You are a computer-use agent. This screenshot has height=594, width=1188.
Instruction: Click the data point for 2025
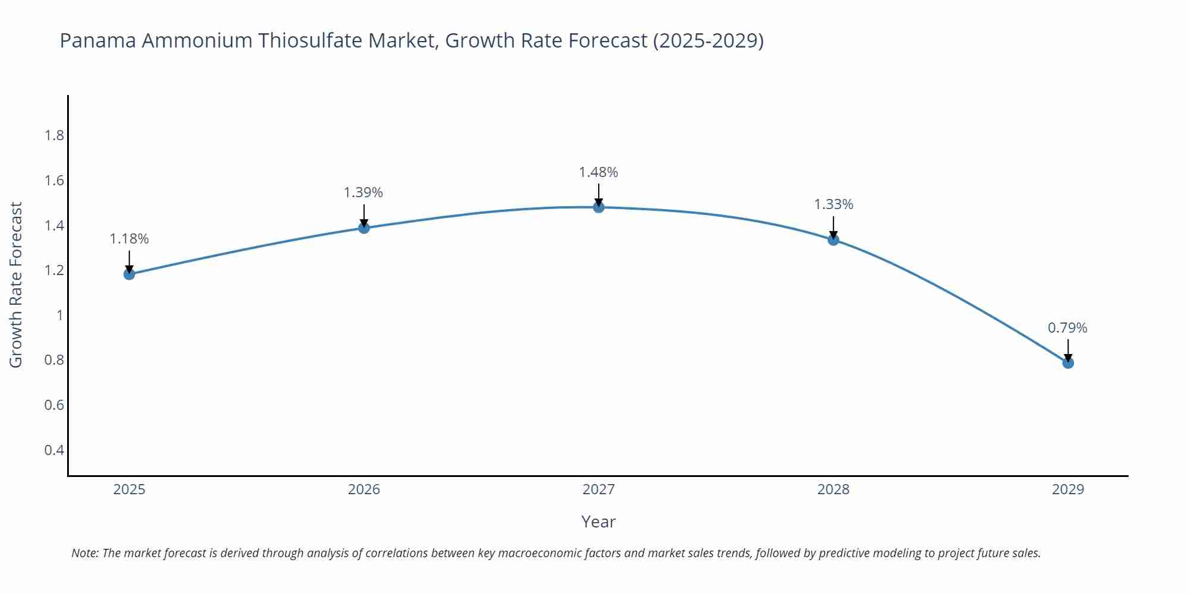click(129, 274)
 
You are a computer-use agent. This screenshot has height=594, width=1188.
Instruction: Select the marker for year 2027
click(599, 207)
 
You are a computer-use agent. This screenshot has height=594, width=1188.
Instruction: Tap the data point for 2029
click(1068, 362)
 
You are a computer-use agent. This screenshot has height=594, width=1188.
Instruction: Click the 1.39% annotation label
click(364, 192)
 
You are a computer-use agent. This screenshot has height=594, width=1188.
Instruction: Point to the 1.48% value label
click(599, 172)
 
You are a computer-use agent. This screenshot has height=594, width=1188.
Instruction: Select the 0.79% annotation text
click(1067, 328)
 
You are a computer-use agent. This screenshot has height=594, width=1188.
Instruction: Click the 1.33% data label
click(833, 204)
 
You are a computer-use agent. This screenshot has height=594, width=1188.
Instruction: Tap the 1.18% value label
click(129, 239)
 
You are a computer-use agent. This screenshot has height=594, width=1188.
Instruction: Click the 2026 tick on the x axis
click(364, 489)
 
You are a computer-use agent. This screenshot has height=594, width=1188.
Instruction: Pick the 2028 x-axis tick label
click(833, 489)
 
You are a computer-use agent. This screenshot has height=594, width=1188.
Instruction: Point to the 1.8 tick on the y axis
click(54, 135)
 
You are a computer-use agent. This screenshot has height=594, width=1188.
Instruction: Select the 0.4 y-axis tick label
click(54, 450)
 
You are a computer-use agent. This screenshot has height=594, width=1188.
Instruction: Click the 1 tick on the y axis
click(59, 315)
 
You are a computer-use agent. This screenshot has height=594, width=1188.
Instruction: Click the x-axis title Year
click(598, 522)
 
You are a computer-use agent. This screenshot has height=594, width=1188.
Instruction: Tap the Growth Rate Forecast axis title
click(16, 285)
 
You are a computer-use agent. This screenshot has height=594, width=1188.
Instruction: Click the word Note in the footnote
click(84, 553)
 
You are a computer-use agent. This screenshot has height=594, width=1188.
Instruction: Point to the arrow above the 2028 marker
click(833, 227)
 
